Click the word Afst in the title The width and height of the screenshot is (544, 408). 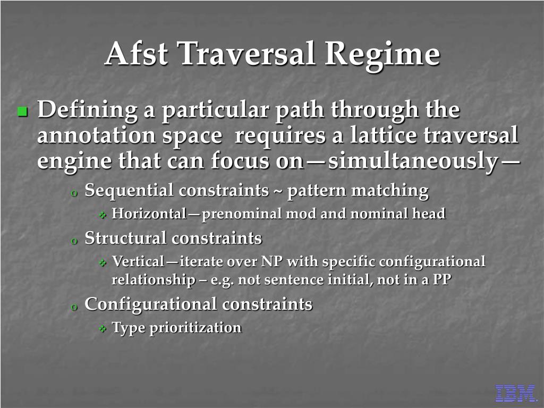[x=137, y=54]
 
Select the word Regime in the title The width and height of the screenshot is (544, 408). [x=382, y=55]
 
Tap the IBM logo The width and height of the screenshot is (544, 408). [x=515, y=394]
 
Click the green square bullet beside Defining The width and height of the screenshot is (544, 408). [x=22, y=112]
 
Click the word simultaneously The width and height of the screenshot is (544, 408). [x=413, y=162]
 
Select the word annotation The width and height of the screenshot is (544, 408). [x=97, y=135]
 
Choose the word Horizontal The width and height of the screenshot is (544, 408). [x=149, y=214]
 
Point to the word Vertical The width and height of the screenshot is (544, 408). [x=138, y=261]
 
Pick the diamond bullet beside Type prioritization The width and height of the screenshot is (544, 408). [x=103, y=328]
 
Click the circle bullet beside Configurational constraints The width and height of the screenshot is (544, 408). [x=73, y=307]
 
